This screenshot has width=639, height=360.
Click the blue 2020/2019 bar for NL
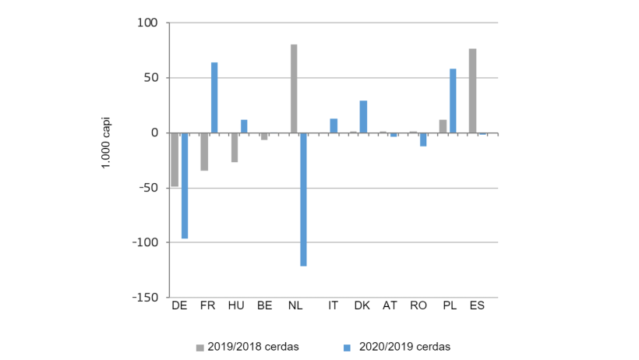pyautogui.click(x=304, y=199)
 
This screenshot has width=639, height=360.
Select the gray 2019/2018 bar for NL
pyautogui.click(x=294, y=89)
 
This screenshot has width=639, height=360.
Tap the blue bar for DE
pyautogui.click(x=185, y=185)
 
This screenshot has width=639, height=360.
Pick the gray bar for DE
pyautogui.click(x=175, y=160)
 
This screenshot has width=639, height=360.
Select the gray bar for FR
pyautogui.click(x=204, y=152)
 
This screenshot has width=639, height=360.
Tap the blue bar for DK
pyautogui.click(x=363, y=117)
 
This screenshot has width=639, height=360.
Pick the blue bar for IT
pyautogui.click(x=334, y=125)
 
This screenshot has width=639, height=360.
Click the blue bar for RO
pyautogui.click(x=423, y=139)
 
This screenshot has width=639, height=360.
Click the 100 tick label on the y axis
pyautogui.click(x=149, y=23)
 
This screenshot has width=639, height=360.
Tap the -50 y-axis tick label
pyautogui.click(x=148, y=188)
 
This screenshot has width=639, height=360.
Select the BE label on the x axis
pyautogui.click(x=264, y=306)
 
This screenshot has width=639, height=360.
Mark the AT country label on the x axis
pyautogui.click(x=390, y=306)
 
